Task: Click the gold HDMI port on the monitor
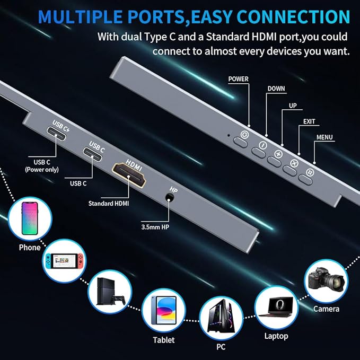[129, 175]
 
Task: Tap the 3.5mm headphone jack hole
[170, 197]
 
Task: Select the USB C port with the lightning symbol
[56, 134]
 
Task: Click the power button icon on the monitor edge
[244, 135]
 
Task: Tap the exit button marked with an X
[294, 163]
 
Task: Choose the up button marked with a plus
[278, 154]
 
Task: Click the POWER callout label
[238, 79]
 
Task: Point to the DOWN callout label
[276, 89]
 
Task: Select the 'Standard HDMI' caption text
[109, 204]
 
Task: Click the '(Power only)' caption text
[42, 170]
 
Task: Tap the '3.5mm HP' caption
[155, 227]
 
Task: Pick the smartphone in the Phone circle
[30, 218]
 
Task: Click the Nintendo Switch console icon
[64, 261]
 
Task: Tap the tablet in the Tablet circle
[164, 310]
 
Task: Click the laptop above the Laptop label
[277, 307]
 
